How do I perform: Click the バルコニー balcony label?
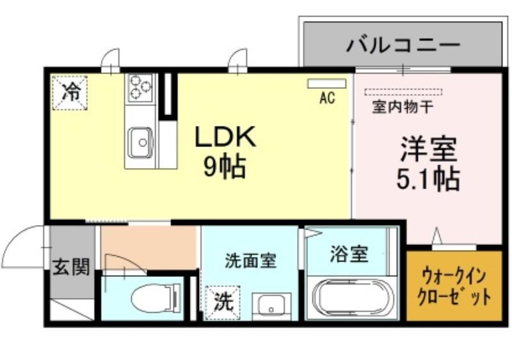point(403,44)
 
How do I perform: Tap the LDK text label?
point(225,137)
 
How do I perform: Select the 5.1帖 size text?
point(428,179)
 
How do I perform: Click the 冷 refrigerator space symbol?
point(70,93)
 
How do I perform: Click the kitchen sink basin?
point(141,143)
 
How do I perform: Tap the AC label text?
point(327,97)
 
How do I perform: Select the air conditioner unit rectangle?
point(326,84)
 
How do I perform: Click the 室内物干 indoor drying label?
point(403,107)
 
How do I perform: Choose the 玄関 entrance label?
point(71,267)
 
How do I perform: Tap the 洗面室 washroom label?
point(251,261)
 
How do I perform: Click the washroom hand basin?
point(271,306)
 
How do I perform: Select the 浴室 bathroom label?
point(349,254)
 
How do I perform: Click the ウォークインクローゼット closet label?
point(454,286)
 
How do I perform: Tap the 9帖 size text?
point(225,167)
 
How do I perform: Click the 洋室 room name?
point(428,149)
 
